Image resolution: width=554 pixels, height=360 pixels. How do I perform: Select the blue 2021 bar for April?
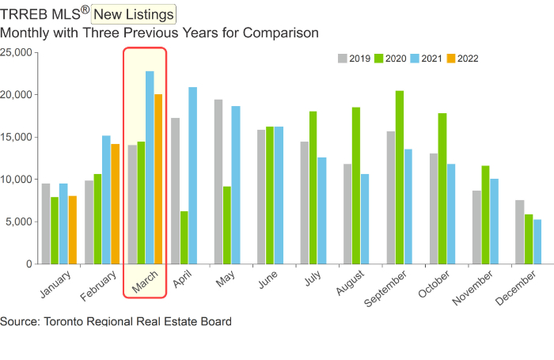(192, 175)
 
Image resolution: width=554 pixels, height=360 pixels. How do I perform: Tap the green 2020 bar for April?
(184, 237)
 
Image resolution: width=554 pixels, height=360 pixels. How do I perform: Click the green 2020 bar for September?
(400, 177)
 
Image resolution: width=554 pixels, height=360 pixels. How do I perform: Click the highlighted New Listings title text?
(134, 13)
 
